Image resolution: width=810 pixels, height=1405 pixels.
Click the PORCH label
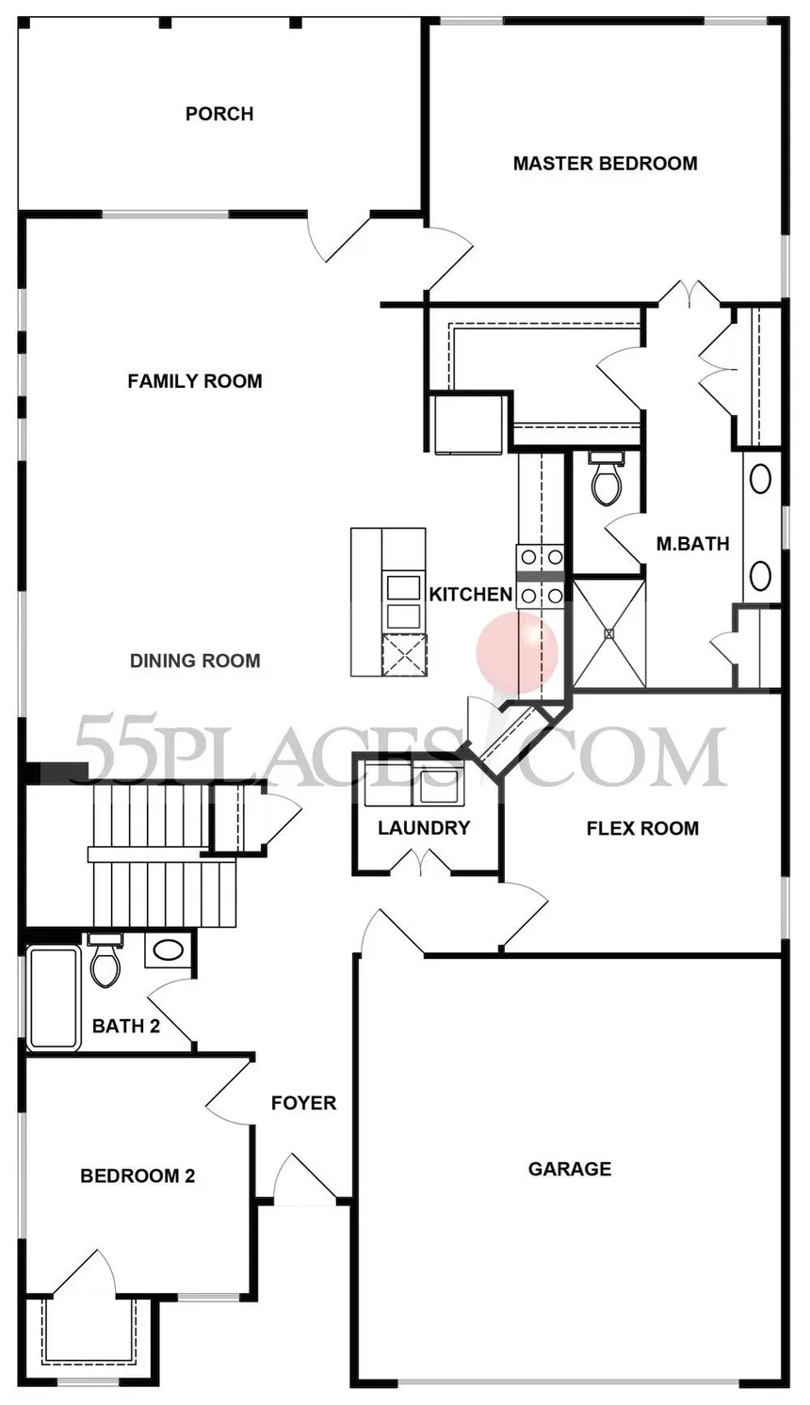coord(219,114)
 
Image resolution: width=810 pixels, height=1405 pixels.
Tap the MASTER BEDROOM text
coord(606,164)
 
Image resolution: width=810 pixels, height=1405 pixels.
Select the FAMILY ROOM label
coord(195,381)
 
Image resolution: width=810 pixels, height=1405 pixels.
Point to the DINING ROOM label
coord(195,662)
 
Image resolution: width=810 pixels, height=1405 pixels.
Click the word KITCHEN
coord(470,595)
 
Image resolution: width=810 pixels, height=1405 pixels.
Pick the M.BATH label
coord(692,544)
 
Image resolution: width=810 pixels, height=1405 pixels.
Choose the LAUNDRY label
coord(424,828)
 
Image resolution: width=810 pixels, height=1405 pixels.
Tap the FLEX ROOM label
coord(642,828)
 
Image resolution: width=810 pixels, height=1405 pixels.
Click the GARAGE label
coord(570,1169)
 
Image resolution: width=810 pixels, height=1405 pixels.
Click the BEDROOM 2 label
coord(138,1176)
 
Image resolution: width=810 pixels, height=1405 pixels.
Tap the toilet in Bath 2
coord(105,959)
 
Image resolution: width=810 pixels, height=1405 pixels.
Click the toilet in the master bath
coord(607,479)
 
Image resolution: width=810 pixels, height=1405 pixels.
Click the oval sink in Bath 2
coord(167,950)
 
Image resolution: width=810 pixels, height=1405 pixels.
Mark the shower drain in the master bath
coord(608,633)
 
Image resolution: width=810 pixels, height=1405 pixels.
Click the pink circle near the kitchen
coord(517,652)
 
